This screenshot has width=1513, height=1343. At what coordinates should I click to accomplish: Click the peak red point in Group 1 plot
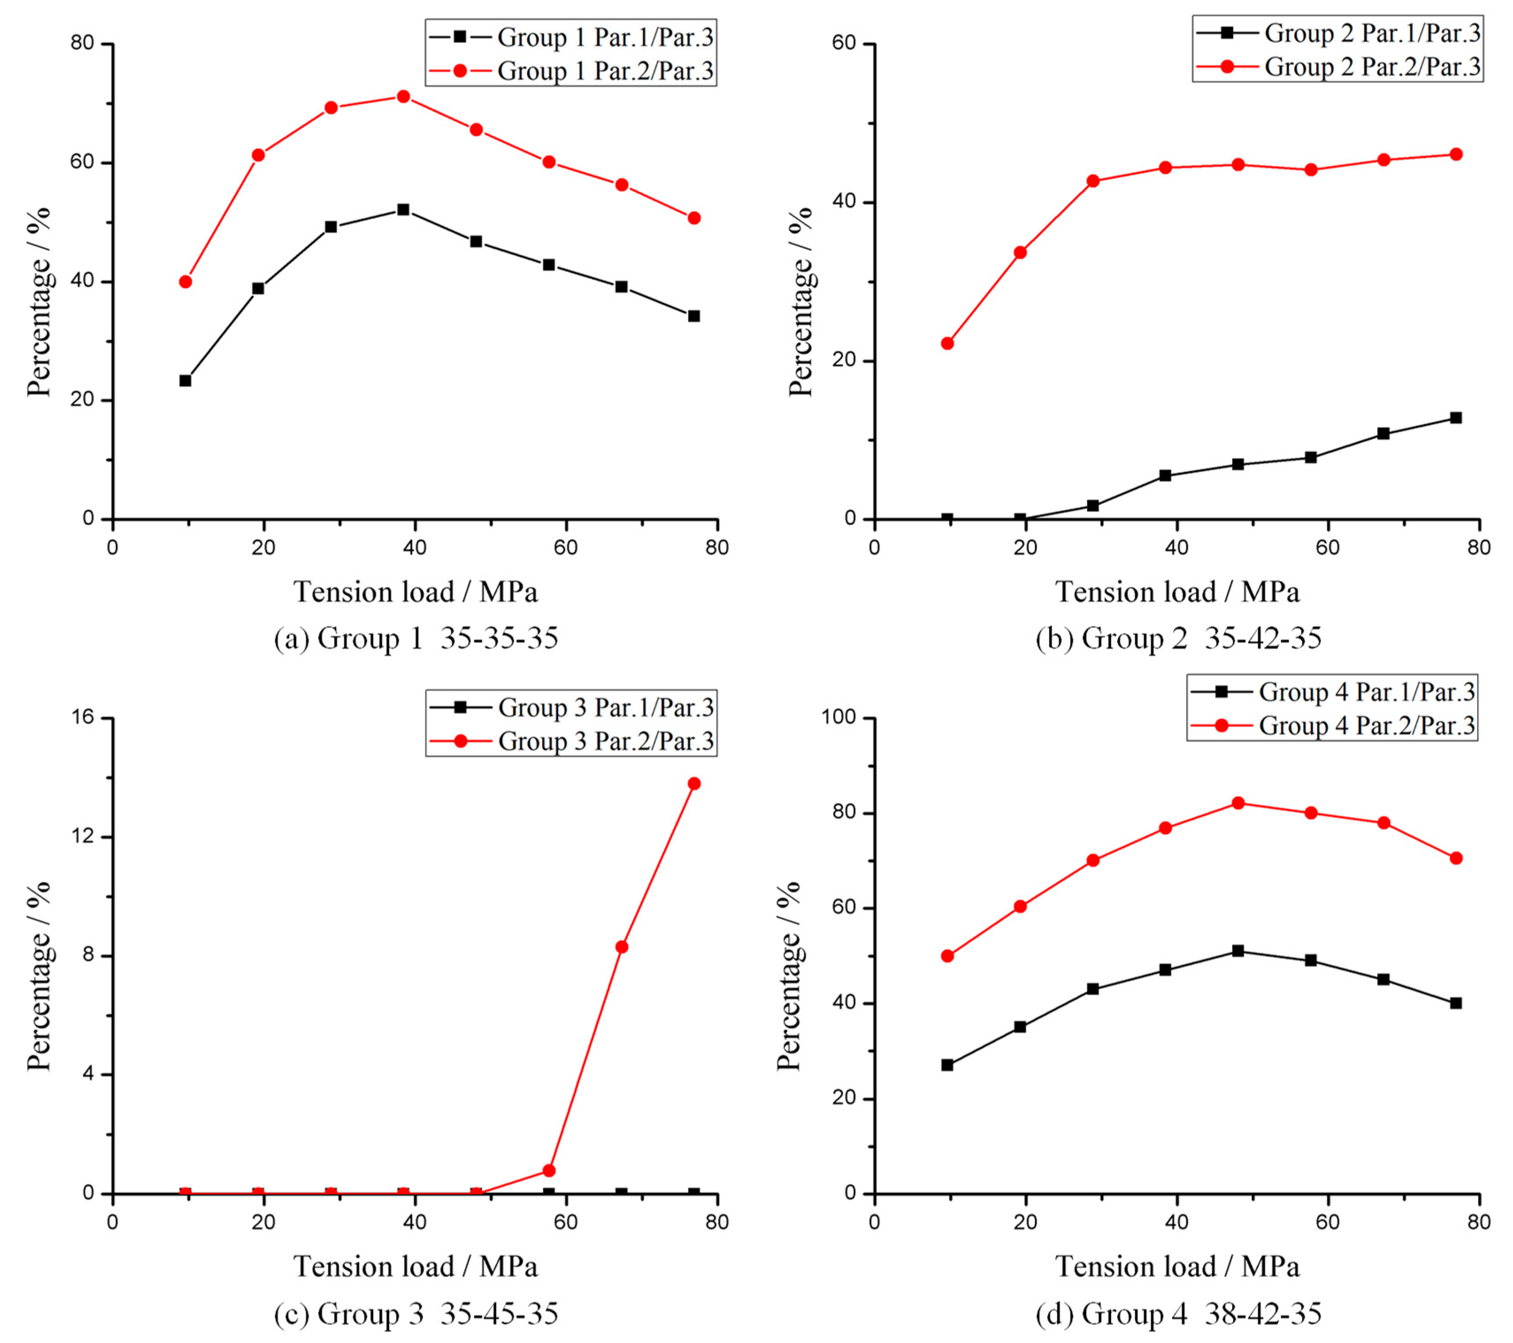coord(403,96)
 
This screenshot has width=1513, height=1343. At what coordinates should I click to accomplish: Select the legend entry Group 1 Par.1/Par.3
coord(571,37)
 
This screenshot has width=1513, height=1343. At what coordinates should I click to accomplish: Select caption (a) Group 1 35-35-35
coord(416,638)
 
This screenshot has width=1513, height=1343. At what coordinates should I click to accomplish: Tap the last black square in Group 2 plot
coord(1455,418)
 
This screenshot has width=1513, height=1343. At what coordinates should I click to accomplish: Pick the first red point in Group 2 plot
coord(947,344)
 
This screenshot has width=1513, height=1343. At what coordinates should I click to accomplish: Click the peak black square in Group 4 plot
coord(1237,951)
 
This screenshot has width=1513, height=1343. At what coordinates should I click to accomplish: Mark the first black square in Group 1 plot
coord(185,380)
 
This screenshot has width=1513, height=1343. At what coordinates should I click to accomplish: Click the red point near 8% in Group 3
coord(622,947)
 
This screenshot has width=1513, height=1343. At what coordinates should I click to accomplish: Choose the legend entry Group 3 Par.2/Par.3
coord(571,741)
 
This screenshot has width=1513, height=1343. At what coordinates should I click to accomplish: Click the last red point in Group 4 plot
coord(1455,858)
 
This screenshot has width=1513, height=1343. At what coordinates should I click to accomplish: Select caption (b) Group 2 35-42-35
coord(1178,638)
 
